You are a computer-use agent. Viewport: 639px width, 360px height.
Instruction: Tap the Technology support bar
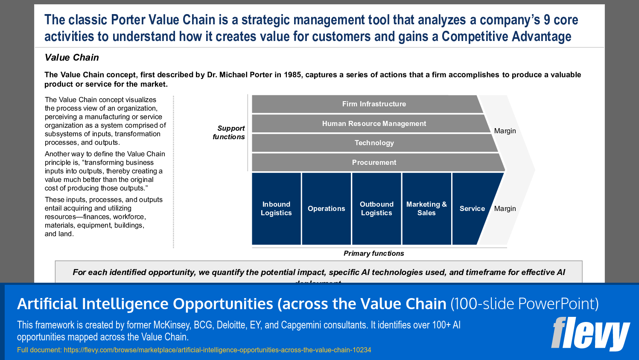(374, 143)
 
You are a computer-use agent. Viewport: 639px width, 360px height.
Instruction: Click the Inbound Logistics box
(276, 208)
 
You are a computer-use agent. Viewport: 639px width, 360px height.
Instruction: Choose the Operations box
(326, 208)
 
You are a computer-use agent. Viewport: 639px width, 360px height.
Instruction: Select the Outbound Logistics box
(376, 208)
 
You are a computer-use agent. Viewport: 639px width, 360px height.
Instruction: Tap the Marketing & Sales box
(426, 208)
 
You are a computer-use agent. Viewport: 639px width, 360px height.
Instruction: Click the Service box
(472, 208)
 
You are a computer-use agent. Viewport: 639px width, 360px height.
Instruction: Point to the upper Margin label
(505, 131)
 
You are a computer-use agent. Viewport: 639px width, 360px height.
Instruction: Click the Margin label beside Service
(505, 208)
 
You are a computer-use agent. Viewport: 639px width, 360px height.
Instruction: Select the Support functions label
(229, 132)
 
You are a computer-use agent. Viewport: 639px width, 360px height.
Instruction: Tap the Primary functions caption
(373, 253)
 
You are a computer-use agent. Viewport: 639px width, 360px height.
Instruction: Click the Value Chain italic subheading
(72, 57)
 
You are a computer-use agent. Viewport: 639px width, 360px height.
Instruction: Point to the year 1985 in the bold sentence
(292, 75)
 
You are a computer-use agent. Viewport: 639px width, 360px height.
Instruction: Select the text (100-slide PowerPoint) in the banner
(525, 304)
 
